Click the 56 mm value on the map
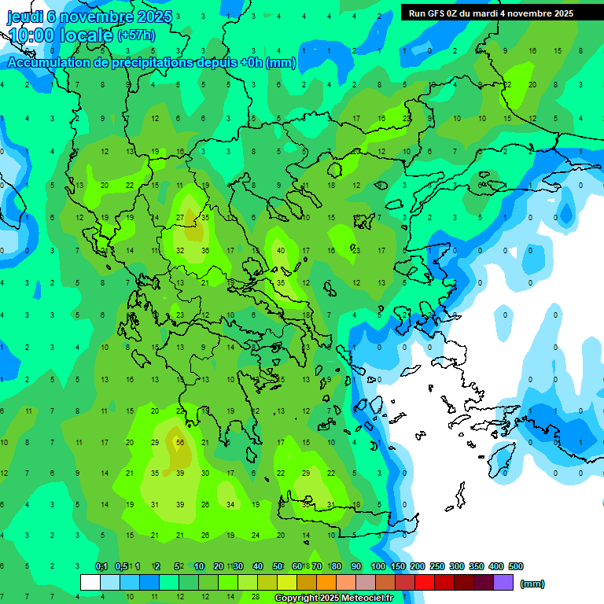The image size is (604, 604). [x=180, y=443]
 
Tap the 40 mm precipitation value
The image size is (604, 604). [x=281, y=251]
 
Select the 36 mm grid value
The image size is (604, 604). [x=205, y=251]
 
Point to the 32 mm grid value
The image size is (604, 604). [x=180, y=251]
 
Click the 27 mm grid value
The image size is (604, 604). [x=180, y=217]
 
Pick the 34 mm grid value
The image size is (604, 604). [x=230, y=504]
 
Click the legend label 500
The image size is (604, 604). [x=516, y=566]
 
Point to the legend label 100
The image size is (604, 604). [x=378, y=566]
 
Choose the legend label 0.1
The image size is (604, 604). [x=101, y=566]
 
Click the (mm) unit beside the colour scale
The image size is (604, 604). [x=532, y=584]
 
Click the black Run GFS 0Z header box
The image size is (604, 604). [x=502, y=13]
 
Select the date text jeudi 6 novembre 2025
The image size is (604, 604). [x=90, y=16]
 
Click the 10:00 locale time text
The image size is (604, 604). [x=61, y=35]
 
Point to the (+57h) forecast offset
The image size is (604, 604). [x=136, y=35]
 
